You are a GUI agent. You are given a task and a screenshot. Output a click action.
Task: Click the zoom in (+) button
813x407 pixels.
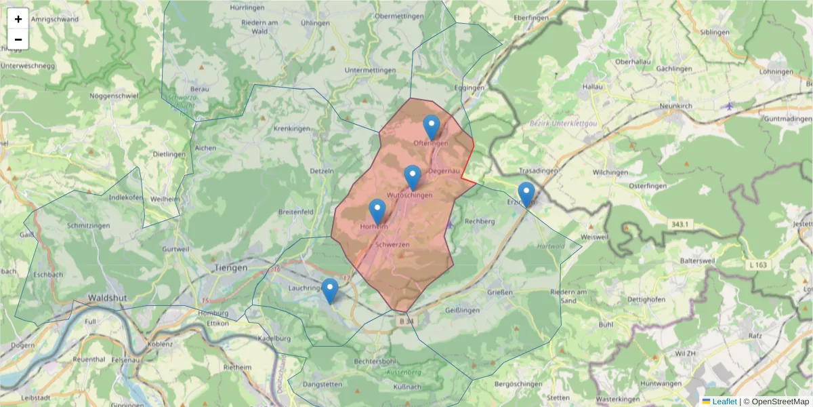[18, 19]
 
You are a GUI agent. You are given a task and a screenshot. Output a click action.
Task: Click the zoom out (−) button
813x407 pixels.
[18, 39]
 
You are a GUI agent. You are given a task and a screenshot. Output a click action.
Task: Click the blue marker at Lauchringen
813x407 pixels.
[330, 291]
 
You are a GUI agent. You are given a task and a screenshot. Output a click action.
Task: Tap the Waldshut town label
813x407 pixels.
[108, 298]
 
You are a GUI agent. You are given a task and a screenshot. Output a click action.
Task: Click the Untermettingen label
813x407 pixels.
[369, 70]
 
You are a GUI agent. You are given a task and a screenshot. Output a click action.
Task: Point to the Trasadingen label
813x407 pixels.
[538, 171]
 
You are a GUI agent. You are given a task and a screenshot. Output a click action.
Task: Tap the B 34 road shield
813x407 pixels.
[404, 321]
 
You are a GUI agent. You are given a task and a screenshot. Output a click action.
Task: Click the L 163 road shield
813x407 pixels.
[758, 265]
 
